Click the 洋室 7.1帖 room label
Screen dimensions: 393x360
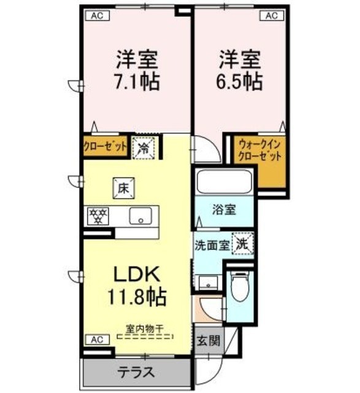point(138,71)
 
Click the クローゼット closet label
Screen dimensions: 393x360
point(105,147)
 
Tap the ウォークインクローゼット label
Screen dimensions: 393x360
point(259,151)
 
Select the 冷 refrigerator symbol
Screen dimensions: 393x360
point(144,147)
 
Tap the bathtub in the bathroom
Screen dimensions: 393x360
point(222,182)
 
